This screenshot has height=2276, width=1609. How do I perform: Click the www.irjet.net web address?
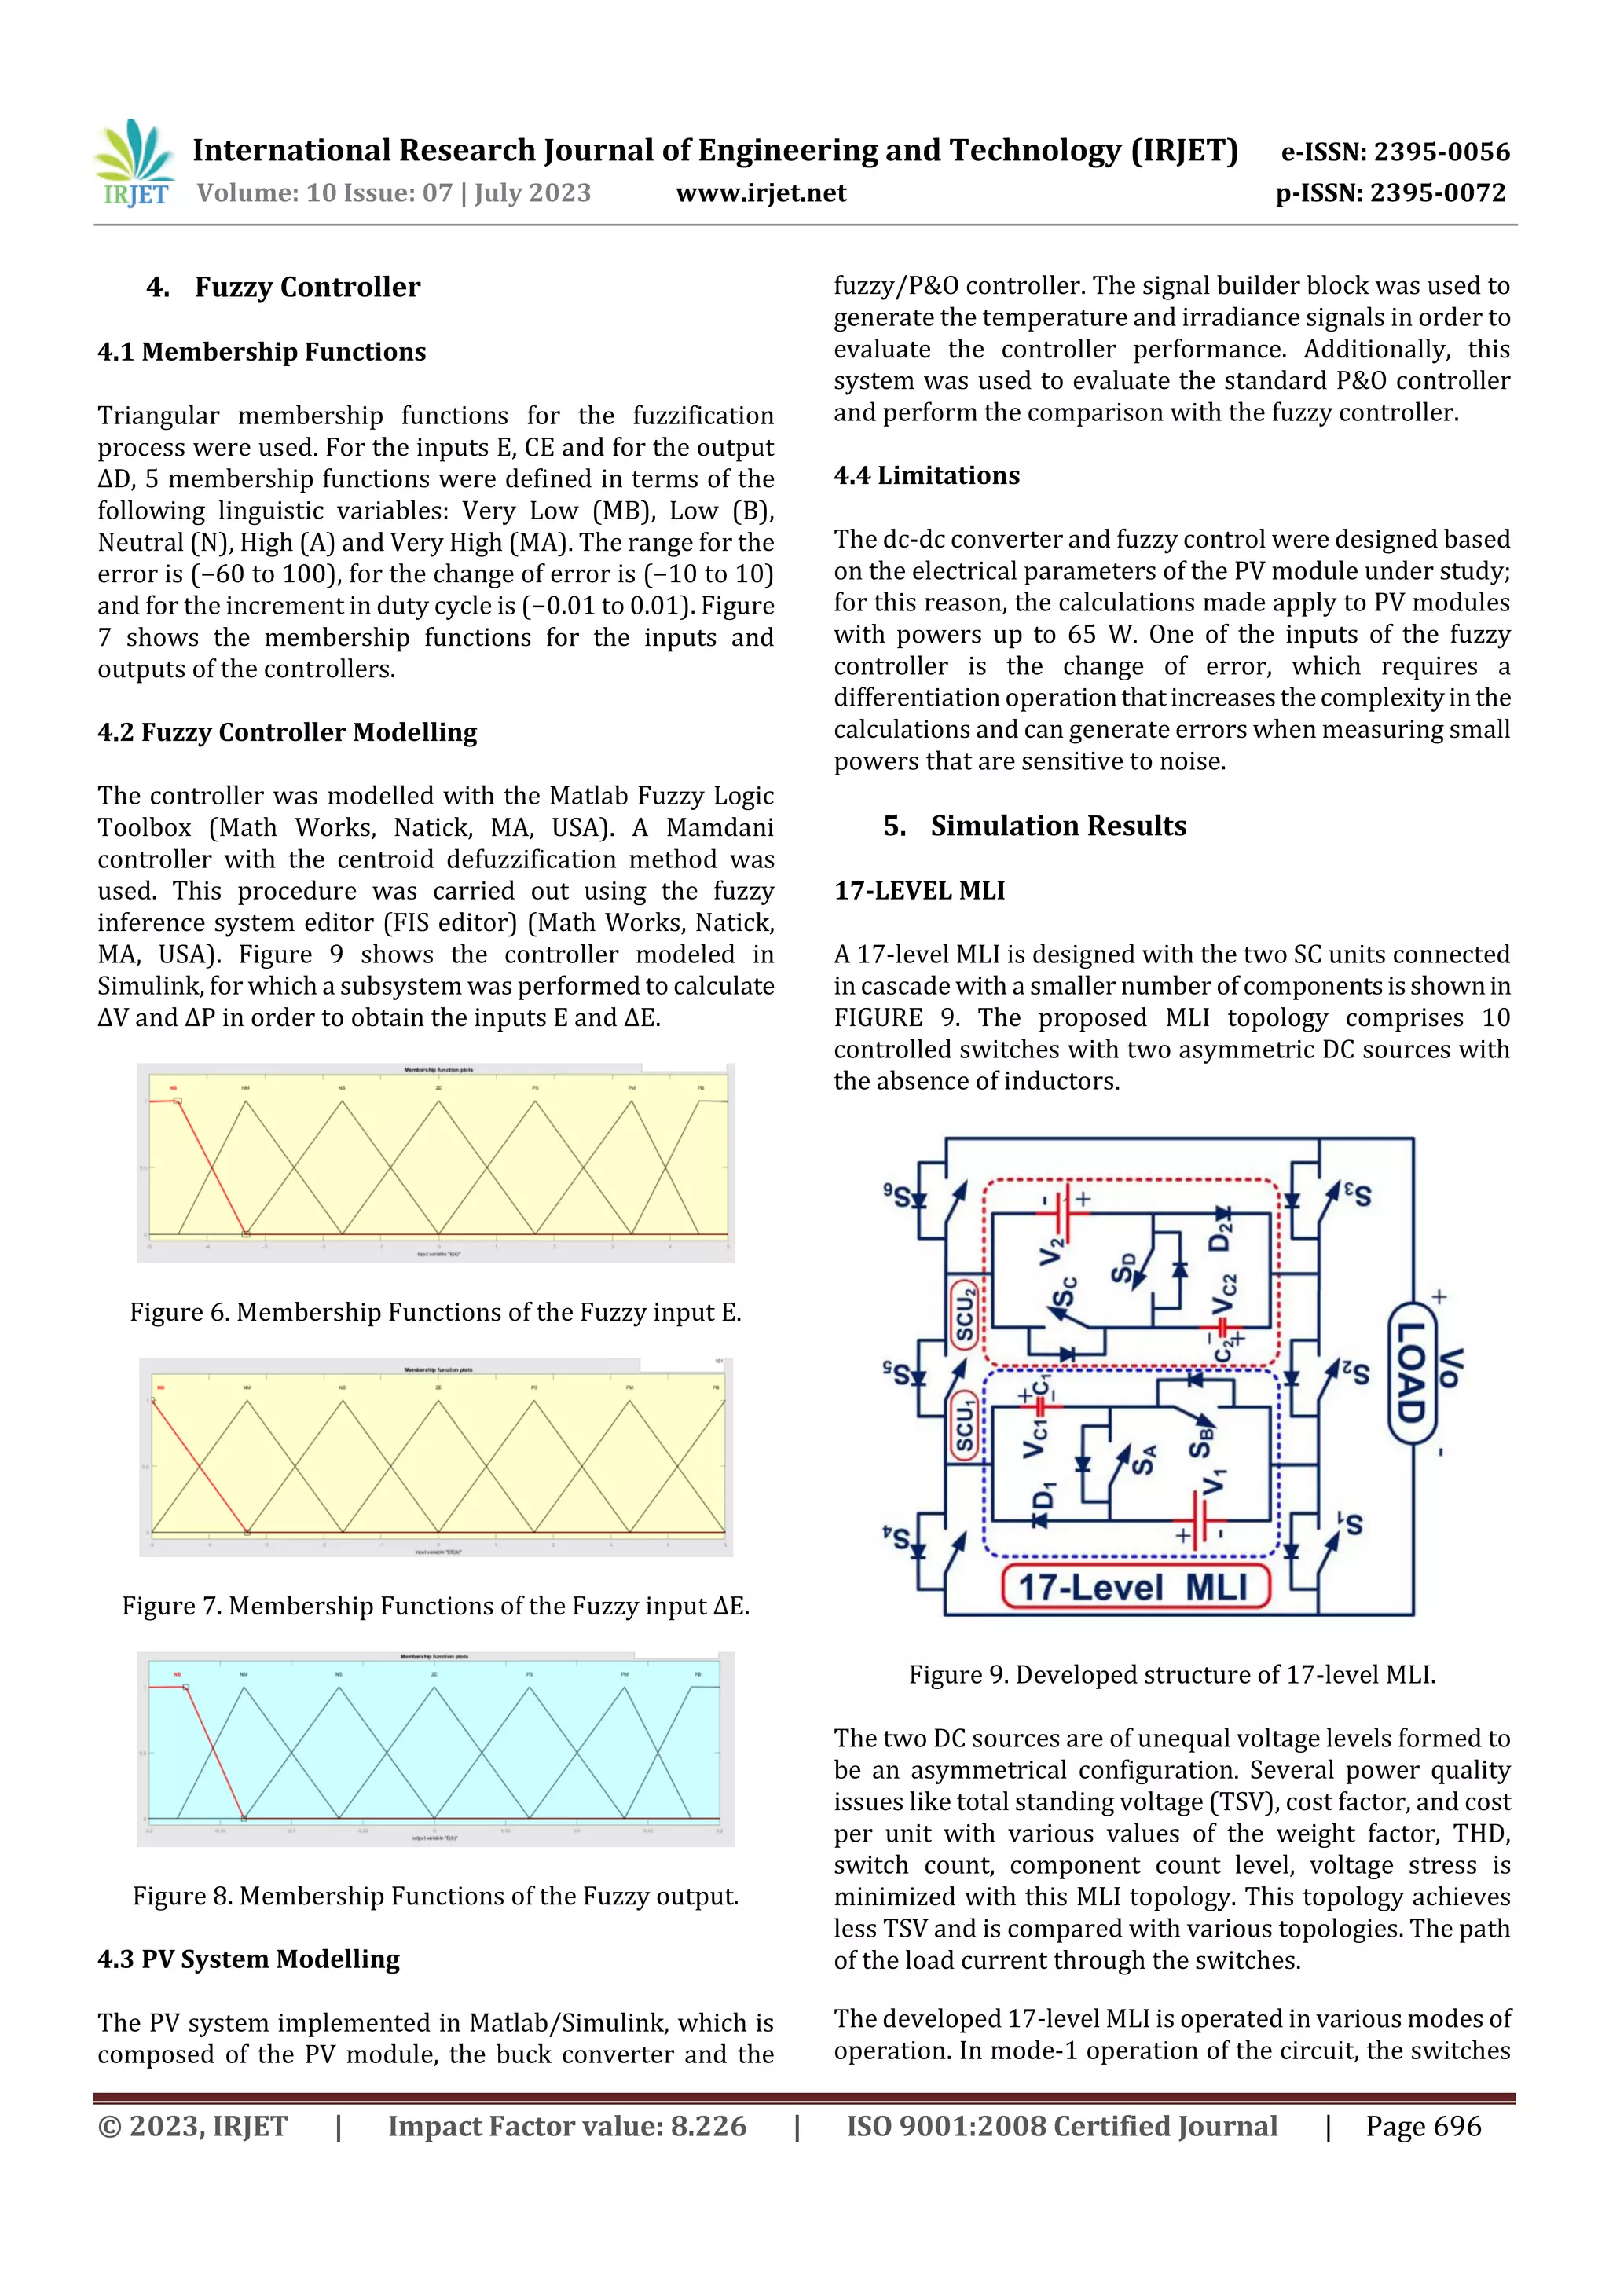click(x=761, y=193)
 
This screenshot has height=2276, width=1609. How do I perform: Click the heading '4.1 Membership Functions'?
click(x=262, y=352)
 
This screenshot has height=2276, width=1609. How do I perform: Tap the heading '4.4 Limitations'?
click(x=926, y=476)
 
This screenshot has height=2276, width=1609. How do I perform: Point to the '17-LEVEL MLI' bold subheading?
click(x=919, y=890)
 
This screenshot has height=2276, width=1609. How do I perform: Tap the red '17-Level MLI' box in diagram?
click(x=1135, y=1586)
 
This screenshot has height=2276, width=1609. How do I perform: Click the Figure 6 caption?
click(x=435, y=1313)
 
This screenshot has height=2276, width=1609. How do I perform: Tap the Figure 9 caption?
click(x=1172, y=1674)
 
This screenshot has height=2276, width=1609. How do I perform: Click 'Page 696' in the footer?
click(x=1423, y=2125)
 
